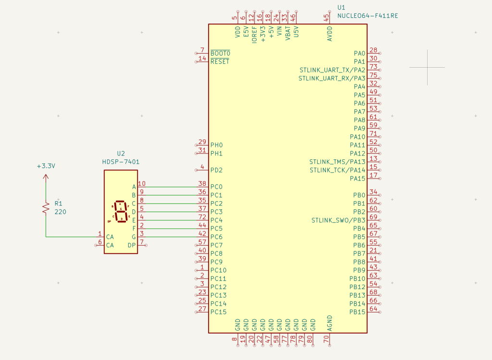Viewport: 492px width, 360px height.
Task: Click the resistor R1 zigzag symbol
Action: (46, 207)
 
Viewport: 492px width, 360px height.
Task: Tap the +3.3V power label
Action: (46, 166)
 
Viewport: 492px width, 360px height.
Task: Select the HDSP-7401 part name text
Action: (121, 162)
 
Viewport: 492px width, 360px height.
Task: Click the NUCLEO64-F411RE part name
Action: (368, 16)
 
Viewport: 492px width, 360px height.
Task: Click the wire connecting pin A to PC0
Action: (168, 187)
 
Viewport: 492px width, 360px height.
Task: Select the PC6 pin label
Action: (217, 237)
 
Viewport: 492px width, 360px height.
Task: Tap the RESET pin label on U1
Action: (220, 61)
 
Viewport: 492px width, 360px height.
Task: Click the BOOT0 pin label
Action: (221, 53)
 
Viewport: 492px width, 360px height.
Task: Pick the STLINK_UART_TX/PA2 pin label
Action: (332, 70)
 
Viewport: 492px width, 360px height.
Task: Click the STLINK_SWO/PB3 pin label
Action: (338, 220)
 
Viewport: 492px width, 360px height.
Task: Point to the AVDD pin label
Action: (330, 34)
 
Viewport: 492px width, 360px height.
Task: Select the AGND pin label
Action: (330, 323)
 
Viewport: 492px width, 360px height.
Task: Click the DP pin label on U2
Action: (132, 245)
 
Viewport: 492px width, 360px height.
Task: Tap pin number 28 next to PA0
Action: (373, 50)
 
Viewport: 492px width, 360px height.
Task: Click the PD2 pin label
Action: (217, 170)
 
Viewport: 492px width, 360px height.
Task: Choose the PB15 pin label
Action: (357, 312)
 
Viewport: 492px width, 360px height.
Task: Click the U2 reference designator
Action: (121, 154)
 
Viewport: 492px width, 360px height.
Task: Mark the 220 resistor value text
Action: (60, 212)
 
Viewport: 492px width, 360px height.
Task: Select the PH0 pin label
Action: (217, 145)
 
